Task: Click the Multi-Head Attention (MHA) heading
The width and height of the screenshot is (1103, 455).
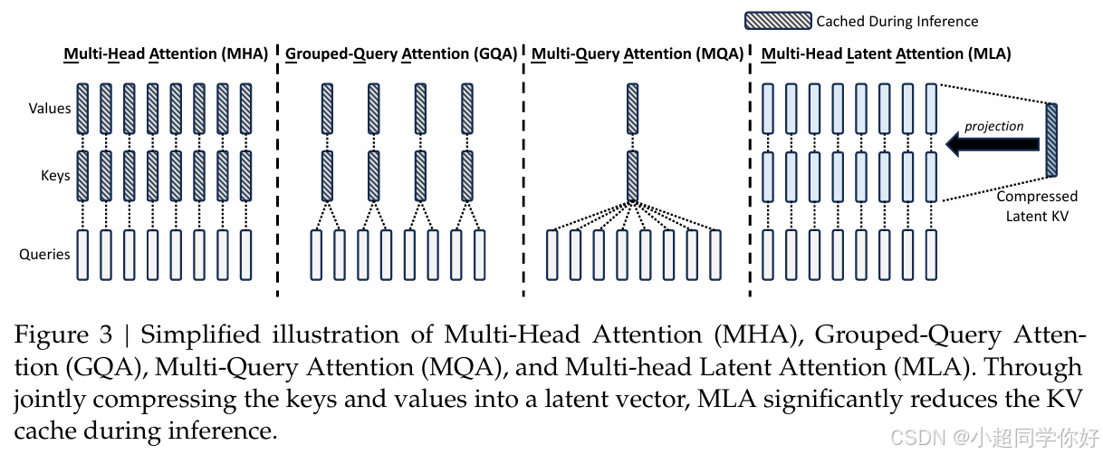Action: click(166, 53)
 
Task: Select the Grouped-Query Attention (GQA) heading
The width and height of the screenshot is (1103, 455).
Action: click(401, 53)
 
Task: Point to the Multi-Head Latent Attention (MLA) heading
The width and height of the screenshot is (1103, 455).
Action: click(886, 53)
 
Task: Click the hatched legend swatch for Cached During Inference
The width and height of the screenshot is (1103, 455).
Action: click(777, 21)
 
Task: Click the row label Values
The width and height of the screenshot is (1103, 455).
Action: click(50, 109)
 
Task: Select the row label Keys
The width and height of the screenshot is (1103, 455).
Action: click(55, 175)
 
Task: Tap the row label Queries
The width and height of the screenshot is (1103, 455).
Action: click(44, 254)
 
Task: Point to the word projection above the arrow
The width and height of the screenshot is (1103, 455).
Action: click(993, 125)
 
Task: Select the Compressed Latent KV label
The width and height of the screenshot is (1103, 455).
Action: click(1037, 204)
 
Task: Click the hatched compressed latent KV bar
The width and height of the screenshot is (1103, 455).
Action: click(1051, 140)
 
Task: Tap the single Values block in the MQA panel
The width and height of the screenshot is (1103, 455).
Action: click(633, 109)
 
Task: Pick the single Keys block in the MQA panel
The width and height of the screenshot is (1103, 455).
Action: click(633, 175)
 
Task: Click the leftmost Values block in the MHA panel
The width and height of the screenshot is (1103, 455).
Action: click(82, 109)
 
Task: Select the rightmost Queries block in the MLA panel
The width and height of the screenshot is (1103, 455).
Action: click(931, 255)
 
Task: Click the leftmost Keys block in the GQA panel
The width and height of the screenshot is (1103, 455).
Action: click(327, 175)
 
